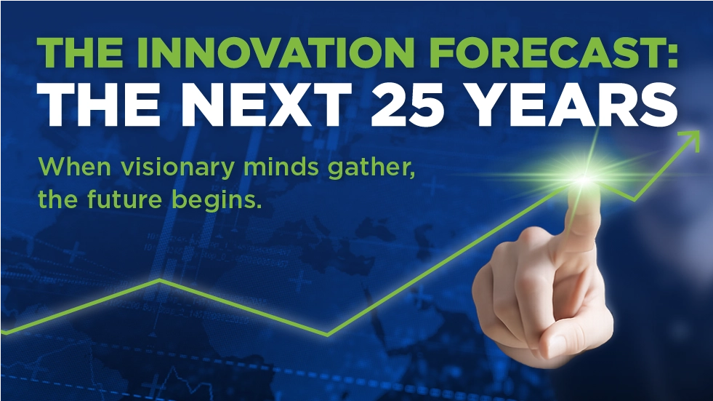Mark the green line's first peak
[x=159, y=279]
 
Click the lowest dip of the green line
[x=327, y=336]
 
